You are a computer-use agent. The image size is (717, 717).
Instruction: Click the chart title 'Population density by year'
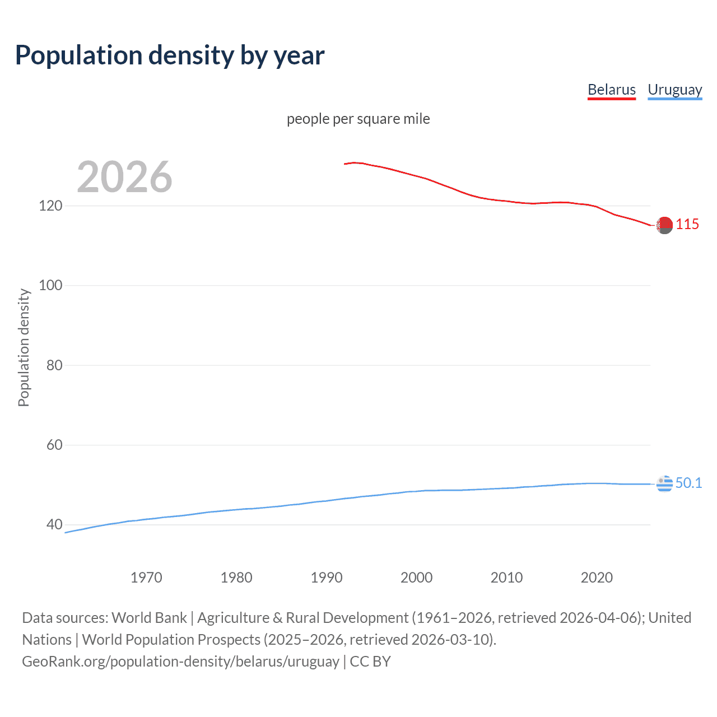point(170,55)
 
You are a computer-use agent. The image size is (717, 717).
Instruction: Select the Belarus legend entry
point(611,90)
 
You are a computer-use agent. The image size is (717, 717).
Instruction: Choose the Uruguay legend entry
point(674,90)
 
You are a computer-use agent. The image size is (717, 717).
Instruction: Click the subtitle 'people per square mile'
point(358,119)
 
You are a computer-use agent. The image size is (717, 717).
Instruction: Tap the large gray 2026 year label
point(124,177)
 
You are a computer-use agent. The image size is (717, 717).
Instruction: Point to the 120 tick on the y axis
point(50,206)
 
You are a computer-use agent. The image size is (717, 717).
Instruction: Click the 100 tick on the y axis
point(50,285)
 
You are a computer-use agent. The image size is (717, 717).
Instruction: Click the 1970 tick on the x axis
point(146,578)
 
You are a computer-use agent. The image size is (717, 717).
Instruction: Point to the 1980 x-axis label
point(236,578)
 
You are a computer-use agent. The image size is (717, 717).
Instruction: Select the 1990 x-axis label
point(327,578)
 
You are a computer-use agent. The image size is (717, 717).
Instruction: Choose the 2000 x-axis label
point(417,578)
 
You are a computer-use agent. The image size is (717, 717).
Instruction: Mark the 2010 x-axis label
point(507,578)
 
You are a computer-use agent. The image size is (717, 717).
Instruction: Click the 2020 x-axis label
point(597,578)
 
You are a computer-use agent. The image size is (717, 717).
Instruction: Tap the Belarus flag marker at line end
point(664,225)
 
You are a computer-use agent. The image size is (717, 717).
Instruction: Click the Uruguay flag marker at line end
point(664,483)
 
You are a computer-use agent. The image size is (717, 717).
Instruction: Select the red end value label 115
point(687,225)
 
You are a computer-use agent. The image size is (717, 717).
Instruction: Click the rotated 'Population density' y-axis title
point(24,347)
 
